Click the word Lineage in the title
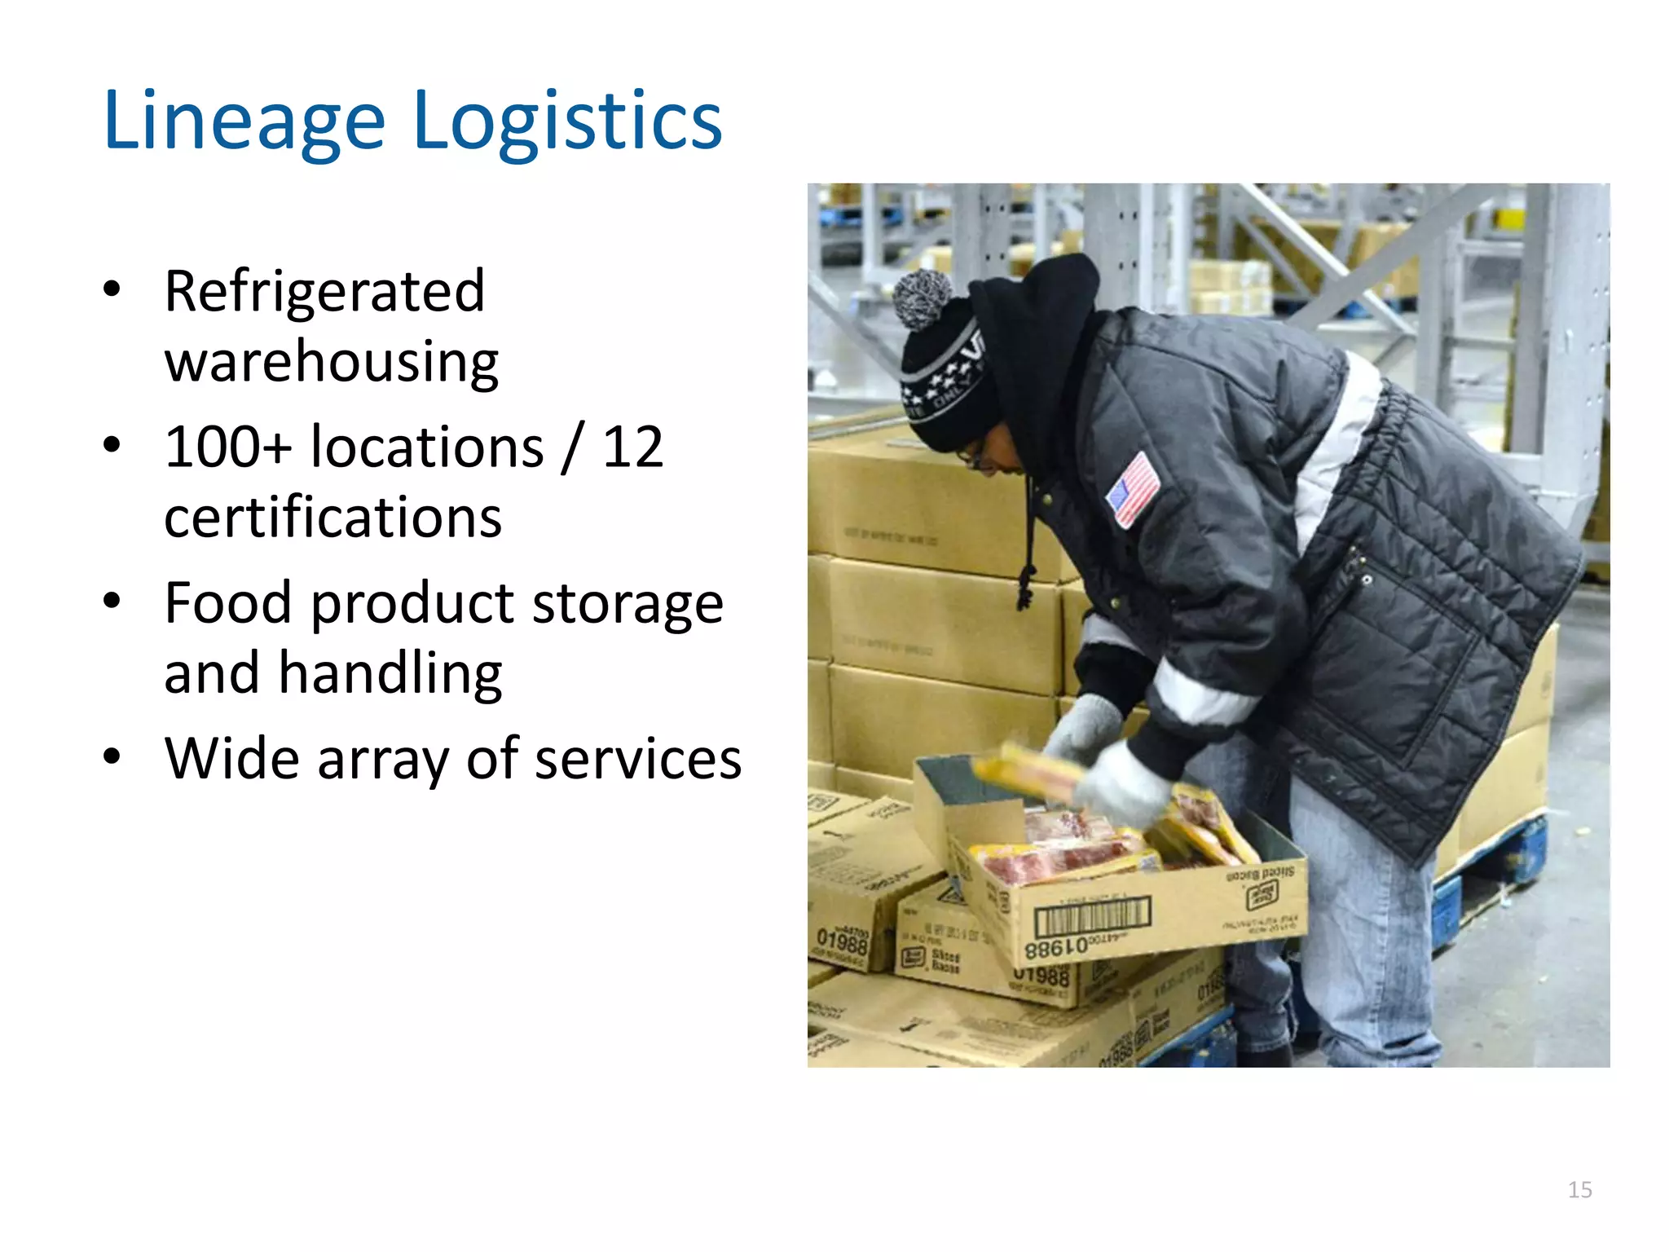[x=243, y=121]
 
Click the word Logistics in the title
[x=567, y=121]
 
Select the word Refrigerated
[x=324, y=291]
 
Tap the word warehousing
[x=331, y=361]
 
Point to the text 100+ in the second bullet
[x=227, y=447]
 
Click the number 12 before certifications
[x=632, y=447]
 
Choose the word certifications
[x=332, y=518]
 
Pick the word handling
[x=390, y=674]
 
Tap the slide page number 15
[x=1579, y=1190]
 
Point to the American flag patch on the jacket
[x=1133, y=489]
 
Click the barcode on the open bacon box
[x=1092, y=917]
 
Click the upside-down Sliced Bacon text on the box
[x=1260, y=875]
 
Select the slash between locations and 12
[x=573, y=447]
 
